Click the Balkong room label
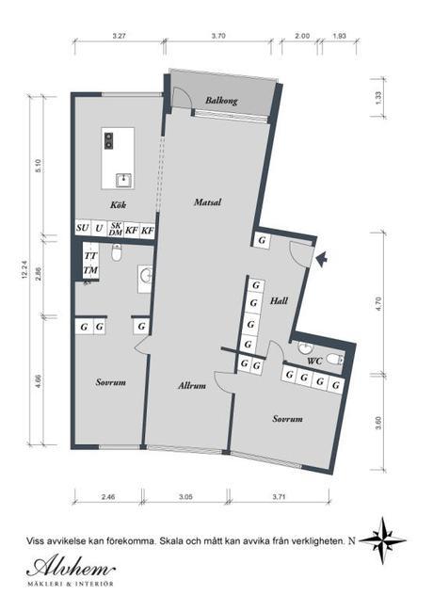click(x=221, y=101)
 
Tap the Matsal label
click(x=207, y=201)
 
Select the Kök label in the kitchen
click(x=118, y=204)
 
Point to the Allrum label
click(x=192, y=386)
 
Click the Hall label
click(x=280, y=300)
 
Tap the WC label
click(x=314, y=361)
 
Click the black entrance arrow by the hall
click(x=321, y=259)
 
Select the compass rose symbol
click(x=382, y=540)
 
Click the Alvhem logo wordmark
click(x=71, y=568)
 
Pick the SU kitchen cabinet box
click(x=83, y=228)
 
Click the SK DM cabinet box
click(x=116, y=229)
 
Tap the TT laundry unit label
click(x=90, y=256)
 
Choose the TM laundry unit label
click(x=90, y=270)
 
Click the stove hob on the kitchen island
click(x=109, y=140)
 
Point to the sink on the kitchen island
click(x=124, y=181)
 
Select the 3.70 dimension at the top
click(x=218, y=36)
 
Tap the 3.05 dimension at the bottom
click(x=185, y=497)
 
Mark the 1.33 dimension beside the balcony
click(x=377, y=98)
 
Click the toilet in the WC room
click(x=334, y=359)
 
